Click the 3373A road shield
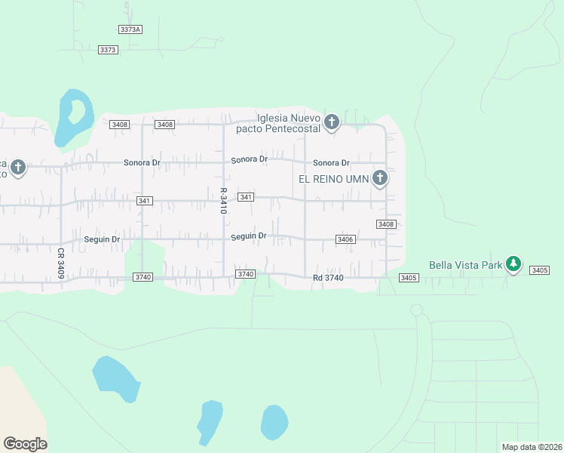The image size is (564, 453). point(130,29)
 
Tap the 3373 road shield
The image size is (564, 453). point(109,50)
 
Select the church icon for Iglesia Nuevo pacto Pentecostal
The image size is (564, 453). point(331,122)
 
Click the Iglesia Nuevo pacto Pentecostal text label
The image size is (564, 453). point(289,123)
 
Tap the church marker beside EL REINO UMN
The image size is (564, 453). point(380,179)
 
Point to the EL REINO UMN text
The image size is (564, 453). point(333,179)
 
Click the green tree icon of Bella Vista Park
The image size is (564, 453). point(513,264)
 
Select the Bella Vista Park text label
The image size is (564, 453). point(464,265)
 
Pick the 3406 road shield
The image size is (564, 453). point(345,239)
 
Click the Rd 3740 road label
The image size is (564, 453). point(328,279)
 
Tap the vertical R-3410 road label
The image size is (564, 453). point(224,201)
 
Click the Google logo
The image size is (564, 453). point(25,444)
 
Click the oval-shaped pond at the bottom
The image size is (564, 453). point(274,423)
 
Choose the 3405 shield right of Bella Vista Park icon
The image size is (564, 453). point(539,270)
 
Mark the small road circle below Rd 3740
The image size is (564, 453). point(416,310)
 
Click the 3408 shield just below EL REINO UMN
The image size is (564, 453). point(386,224)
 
